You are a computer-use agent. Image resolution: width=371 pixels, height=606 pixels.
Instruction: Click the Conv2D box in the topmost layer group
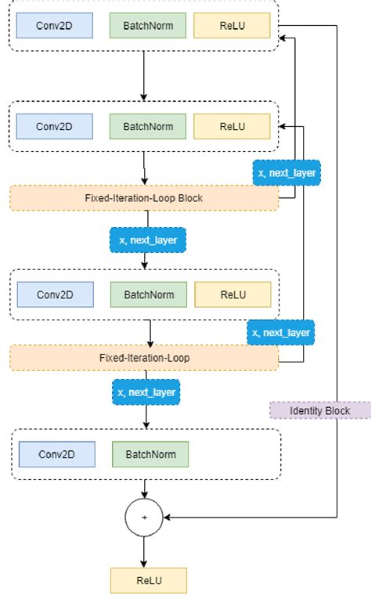point(54,26)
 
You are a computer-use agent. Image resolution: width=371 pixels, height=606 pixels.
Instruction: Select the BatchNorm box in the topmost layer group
point(147,26)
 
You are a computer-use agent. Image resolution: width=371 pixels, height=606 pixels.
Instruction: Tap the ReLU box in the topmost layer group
point(232,26)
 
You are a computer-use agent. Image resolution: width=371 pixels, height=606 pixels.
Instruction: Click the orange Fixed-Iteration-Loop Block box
point(144,198)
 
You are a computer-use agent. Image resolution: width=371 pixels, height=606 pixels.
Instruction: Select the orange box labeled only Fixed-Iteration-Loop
point(144,358)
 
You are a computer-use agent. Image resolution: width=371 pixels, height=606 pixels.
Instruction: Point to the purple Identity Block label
point(320,410)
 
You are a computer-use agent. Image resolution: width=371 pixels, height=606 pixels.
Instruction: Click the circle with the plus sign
point(144,518)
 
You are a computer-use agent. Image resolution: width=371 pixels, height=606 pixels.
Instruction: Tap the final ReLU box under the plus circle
point(149,580)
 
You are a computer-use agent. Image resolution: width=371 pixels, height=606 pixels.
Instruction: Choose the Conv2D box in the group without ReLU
point(56,454)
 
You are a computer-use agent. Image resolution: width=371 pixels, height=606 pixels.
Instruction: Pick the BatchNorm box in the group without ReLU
point(149,454)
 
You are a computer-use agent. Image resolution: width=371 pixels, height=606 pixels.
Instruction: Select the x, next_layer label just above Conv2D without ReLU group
point(146,391)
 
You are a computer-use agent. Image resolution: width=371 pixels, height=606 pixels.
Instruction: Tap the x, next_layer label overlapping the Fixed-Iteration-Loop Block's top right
point(286,172)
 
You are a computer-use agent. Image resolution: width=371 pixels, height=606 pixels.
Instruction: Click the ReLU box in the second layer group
point(232,126)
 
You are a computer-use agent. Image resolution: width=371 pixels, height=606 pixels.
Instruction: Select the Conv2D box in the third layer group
point(55,295)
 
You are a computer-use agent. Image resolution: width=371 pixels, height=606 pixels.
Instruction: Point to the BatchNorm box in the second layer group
point(147,126)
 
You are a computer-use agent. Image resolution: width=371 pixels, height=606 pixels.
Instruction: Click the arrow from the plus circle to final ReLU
point(144,552)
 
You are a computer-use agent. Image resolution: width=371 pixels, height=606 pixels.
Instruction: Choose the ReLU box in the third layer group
point(232,295)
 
